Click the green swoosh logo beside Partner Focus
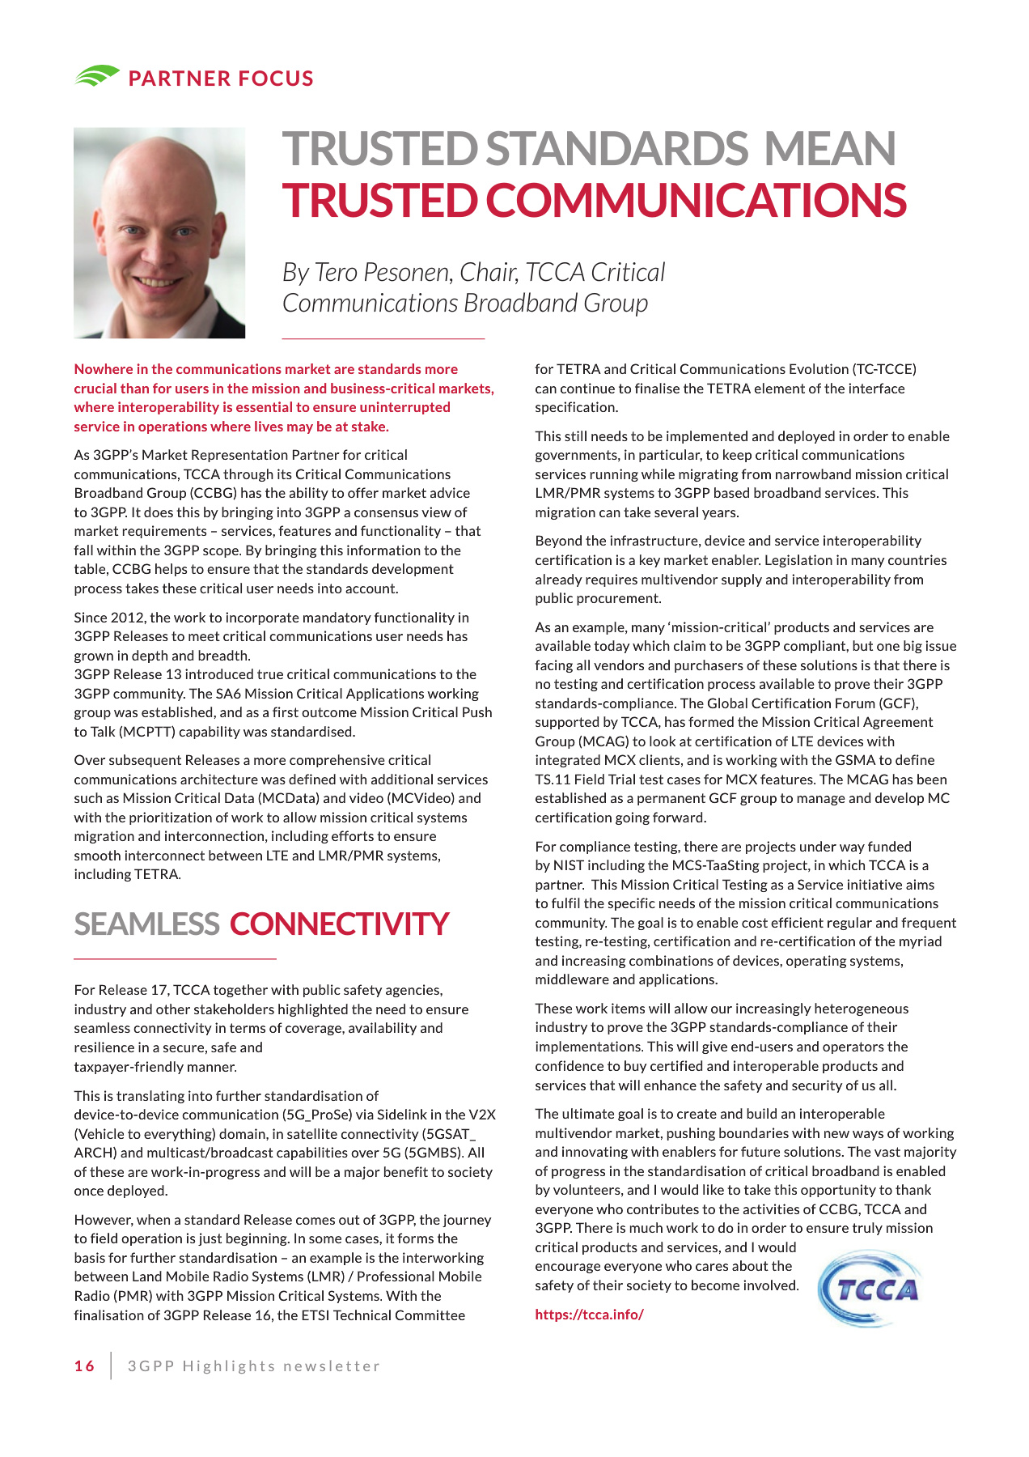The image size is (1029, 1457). [97, 76]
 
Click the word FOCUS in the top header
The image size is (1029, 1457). [272, 79]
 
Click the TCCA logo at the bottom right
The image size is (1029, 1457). [869, 1288]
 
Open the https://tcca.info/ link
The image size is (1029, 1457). [589, 1315]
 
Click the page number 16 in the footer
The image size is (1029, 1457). [84, 1366]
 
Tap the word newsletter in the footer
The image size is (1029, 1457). [332, 1366]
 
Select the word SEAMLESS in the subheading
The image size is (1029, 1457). [146, 924]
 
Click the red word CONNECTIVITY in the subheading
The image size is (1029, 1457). [339, 924]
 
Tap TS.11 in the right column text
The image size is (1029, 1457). [553, 779]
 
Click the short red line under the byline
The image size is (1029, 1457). [383, 338]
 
